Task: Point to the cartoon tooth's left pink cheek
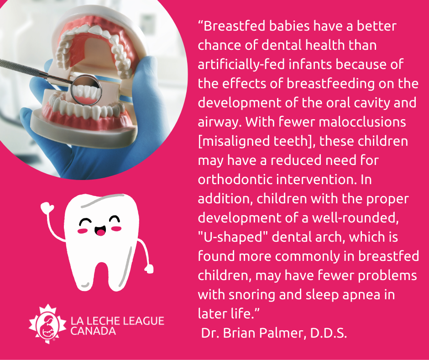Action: (83, 231)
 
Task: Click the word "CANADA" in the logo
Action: (93, 331)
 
